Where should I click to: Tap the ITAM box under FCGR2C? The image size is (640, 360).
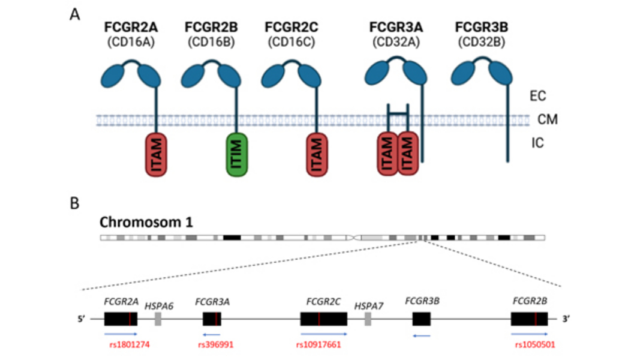point(317,155)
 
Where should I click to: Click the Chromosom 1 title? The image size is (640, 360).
point(143,223)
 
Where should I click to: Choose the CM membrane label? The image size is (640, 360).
point(547,119)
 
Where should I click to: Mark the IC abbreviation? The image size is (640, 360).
point(537,143)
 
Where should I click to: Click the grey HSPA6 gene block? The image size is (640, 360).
point(158,319)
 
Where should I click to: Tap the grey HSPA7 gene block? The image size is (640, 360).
point(368,319)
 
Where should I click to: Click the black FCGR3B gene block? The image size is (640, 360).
point(422,319)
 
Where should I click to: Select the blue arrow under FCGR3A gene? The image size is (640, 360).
point(211,334)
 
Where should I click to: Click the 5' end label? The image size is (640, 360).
point(82,319)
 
